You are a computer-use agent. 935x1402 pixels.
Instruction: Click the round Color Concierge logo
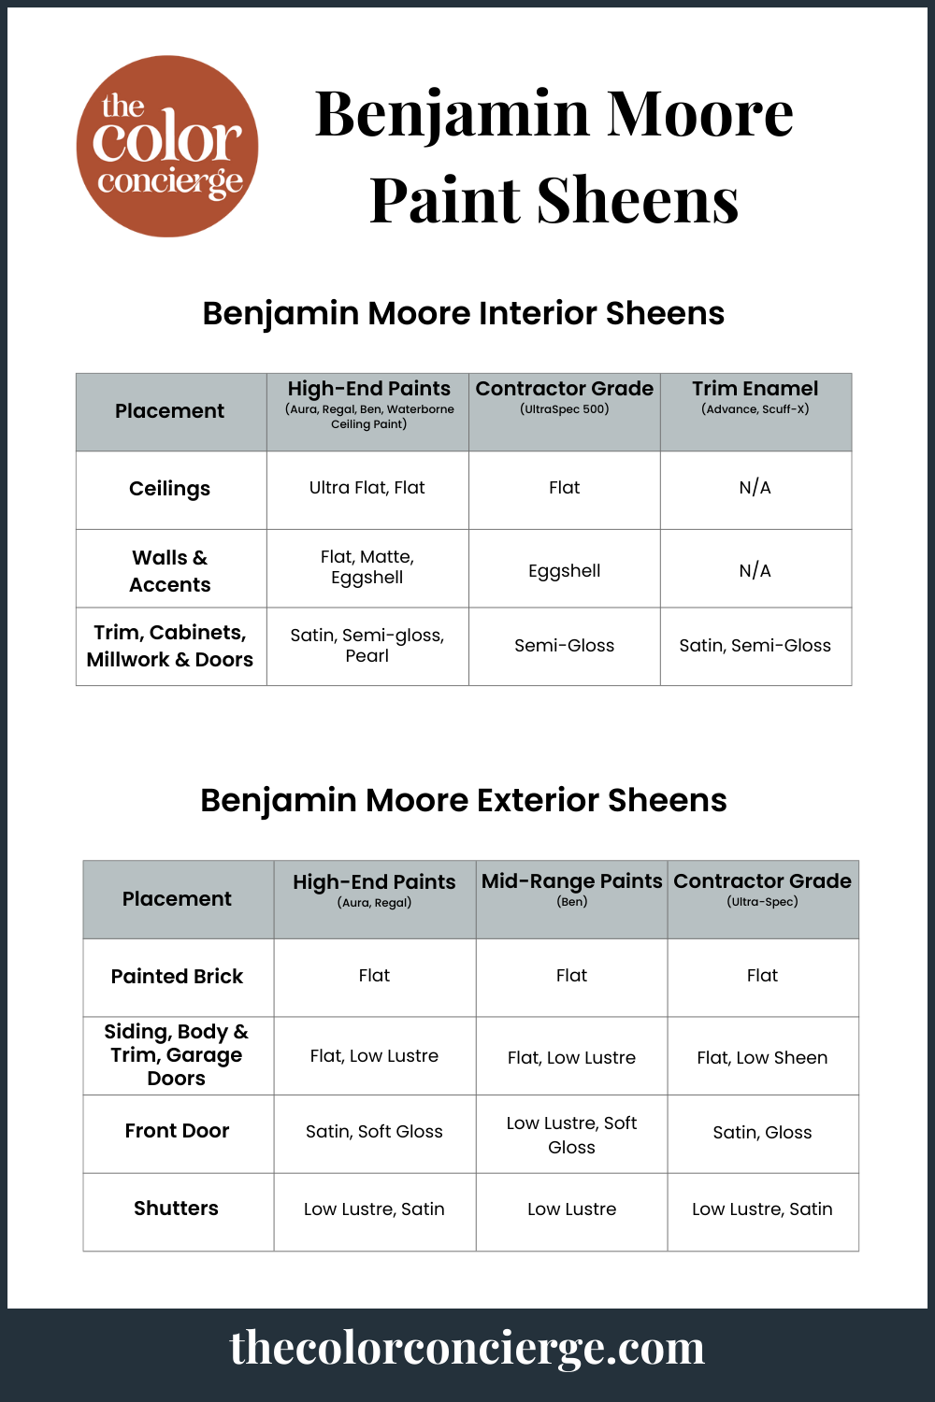[167, 146]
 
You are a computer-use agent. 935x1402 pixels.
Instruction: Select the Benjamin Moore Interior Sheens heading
[463, 313]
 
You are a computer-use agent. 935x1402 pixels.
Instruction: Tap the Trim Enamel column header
[755, 389]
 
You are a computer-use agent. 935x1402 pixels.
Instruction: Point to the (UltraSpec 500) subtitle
[564, 409]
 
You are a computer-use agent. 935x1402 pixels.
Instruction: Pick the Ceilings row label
[169, 489]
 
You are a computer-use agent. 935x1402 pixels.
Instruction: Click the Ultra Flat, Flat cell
[367, 488]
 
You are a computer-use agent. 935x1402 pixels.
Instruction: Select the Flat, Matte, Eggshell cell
[367, 567]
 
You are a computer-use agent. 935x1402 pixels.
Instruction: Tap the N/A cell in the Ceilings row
[755, 488]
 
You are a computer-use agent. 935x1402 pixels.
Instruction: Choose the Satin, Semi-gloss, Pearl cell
[367, 645]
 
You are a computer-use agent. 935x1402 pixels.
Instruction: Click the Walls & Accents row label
[170, 571]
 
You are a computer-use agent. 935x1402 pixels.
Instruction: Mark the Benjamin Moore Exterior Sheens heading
[463, 800]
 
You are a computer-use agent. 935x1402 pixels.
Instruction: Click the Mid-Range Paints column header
[571, 881]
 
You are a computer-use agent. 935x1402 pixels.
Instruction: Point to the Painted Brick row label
[177, 977]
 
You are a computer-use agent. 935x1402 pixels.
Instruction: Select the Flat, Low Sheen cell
[762, 1058]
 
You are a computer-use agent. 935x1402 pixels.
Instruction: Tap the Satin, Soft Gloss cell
[374, 1132]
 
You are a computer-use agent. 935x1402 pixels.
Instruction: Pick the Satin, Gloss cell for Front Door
[762, 1133]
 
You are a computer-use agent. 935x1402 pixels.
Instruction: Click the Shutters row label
[176, 1209]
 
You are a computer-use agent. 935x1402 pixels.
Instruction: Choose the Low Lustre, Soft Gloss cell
[571, 1135]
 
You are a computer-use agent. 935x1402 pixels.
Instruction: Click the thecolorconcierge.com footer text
[467, 1348]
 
